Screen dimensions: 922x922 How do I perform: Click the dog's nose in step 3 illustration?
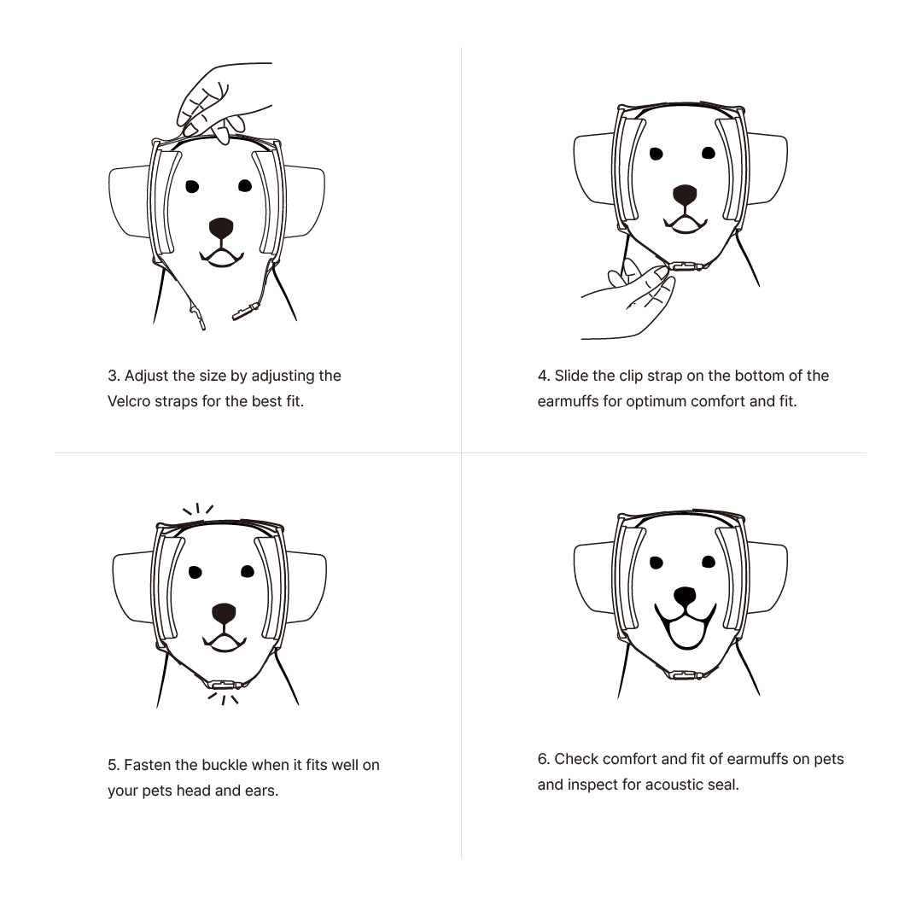coord(221,228)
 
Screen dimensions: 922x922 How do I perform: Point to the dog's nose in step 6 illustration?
coord(685,597)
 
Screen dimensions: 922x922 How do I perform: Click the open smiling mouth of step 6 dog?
coord(685,630)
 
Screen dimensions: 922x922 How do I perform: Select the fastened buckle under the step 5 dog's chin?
coord(224,684)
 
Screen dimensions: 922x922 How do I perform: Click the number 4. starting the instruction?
coord(544,376)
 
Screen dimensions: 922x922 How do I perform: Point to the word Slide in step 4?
coord(572,376)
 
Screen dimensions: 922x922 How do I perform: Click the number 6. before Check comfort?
coord(544,759)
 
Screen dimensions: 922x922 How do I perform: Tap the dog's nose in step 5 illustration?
coord(224,613)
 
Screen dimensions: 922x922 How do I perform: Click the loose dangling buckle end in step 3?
coord(246,313)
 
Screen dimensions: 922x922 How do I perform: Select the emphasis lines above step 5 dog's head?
coord(198,511)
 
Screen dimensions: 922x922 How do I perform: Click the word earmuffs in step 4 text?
coord(568,401)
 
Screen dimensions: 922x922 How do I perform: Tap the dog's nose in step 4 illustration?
coord(685,195)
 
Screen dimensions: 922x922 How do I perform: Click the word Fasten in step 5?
coord(149,765)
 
